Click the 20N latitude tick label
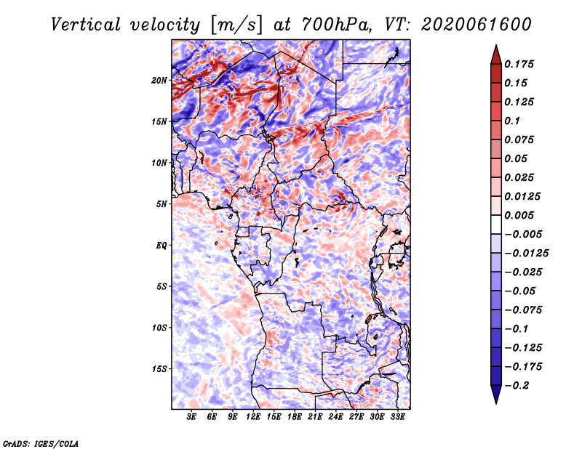click(x=159, y=80)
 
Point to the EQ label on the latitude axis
click(x=161, y=246)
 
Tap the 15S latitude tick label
click(x=159, y=369)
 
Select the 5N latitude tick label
click(x=161, y=204)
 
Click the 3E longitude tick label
click(x=191, y=416)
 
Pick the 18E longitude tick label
click(x=295, y=416)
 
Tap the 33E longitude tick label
click(x=397, y=416)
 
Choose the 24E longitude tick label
click(x=335, y=416)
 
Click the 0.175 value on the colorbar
click(x=519, y=64)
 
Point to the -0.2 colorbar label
click(x=517, y=386)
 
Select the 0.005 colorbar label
click(x=519, y=215)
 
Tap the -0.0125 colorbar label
click(x=526, y=254)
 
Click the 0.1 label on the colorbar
click(x=512, y=121)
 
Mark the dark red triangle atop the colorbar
click(x=496, y=55)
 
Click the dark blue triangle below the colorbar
click(x=496, y=395)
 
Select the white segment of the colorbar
click(x=496, y=224)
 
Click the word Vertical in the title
click(x=86, y=25)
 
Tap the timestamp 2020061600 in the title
click(x=477, y=25)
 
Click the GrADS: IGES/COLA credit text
click(x=41, y=444)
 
